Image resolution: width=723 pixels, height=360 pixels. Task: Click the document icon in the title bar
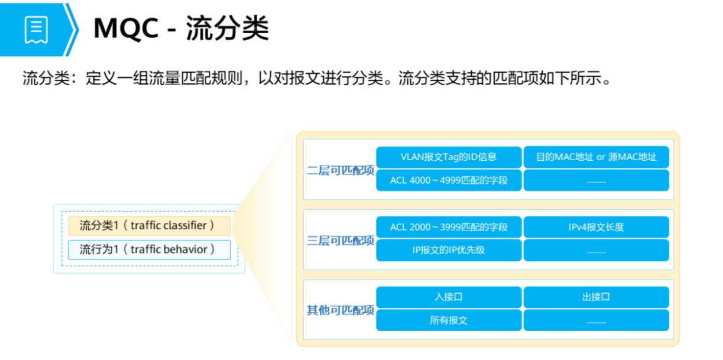[x=36, y=29]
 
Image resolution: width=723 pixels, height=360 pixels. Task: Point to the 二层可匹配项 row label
[x=341, y=170]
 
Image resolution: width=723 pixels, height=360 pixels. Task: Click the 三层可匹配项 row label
[x=341, y=240]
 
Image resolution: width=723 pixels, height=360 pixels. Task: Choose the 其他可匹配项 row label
[x=341, y=310]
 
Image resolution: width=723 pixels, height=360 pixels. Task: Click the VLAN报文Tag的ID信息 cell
[x=449, y=157]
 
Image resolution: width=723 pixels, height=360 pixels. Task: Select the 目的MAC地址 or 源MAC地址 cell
[x=596, y=157]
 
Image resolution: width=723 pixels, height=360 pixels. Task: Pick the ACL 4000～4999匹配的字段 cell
[x=449, y=180]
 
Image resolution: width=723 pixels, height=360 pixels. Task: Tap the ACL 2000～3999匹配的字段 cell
[x=449, y=227]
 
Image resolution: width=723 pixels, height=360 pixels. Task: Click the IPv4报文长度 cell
[x=596, y=227]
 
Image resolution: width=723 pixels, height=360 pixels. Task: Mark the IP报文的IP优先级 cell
[x=449, y=250]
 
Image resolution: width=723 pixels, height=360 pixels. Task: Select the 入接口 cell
[x=449, y=297]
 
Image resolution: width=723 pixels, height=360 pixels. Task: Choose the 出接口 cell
[x=596, y=297]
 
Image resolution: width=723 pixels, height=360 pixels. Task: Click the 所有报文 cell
[x=449, y=320]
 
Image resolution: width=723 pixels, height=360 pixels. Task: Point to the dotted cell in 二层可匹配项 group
[x=596, y=180]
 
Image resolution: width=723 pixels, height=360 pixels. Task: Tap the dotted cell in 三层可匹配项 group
[x=596, y=250]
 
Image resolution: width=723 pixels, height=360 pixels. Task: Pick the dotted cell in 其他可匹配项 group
[x=596, y=320]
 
